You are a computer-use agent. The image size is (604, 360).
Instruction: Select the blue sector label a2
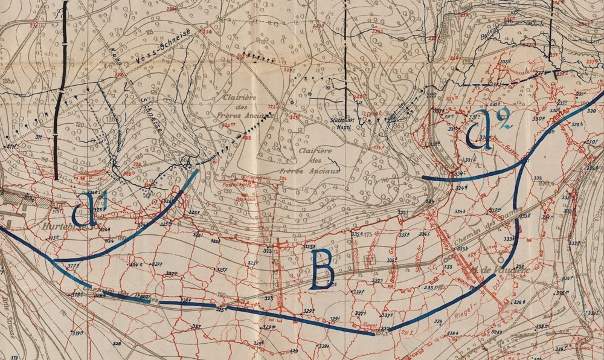coord(488,129)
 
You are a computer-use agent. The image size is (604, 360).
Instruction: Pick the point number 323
coord(268,250)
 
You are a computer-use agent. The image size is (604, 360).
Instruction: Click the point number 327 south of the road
coord(196,326)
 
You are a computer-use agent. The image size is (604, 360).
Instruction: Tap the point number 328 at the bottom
coord(116,344)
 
